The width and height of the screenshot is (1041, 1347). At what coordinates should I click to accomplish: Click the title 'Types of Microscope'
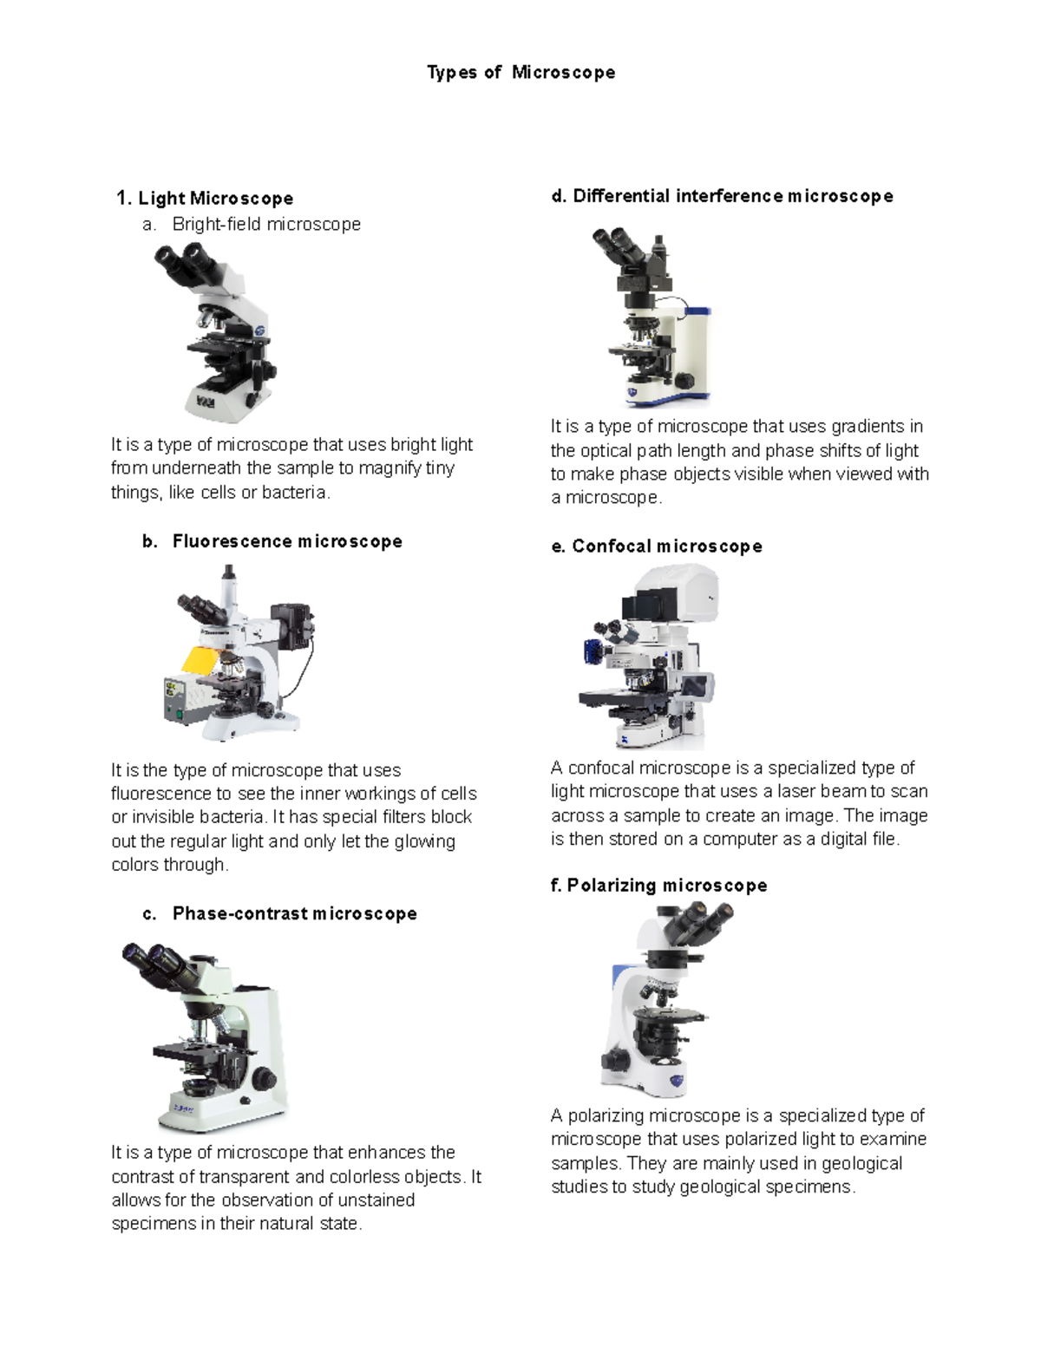[520, 72]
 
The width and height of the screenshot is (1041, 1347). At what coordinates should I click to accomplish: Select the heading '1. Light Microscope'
[205, 199]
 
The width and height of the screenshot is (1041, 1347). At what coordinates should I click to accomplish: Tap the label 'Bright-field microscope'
[266, 224]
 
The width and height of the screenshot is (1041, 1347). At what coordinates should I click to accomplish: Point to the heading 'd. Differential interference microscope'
[722, 196]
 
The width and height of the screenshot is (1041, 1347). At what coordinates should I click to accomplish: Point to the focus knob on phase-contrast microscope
[264, 1079]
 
